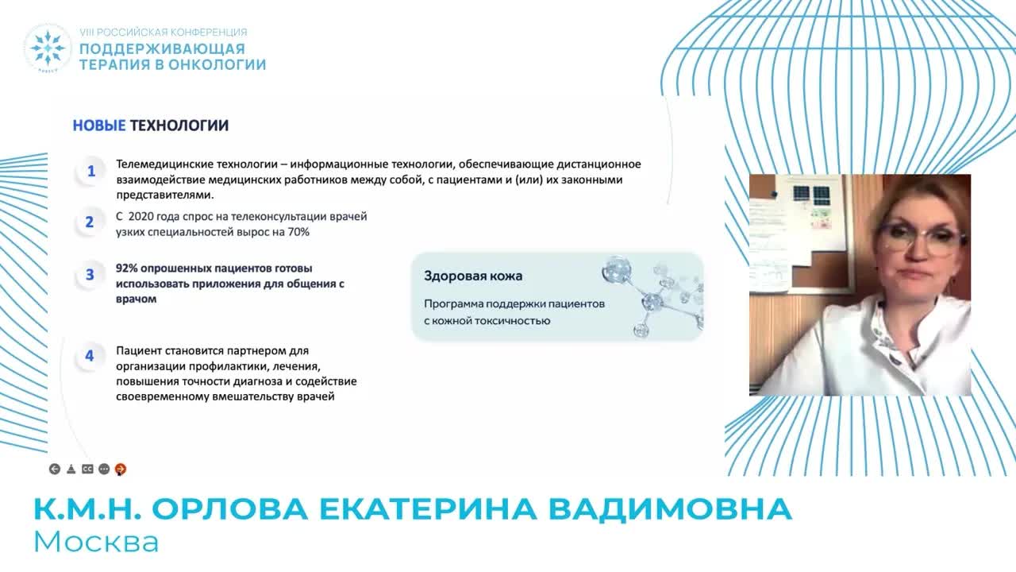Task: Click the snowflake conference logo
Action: [x=48, y=48]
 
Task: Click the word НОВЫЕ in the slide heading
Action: [x=99, y=126]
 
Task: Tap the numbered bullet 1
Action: [x=90, y=172]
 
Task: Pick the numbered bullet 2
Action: [x=90, y=222]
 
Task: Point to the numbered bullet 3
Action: [x=90, y=275]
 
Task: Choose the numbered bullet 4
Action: [x=90, y=356]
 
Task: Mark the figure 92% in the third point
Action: [x=128, y=269]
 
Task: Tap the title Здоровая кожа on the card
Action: [x=473, y=276]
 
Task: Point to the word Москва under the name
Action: [x=96, y=542]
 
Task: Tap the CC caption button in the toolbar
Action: [x=87, y=470]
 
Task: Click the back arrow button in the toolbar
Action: [x=54, y=470]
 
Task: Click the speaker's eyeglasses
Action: [x=921, y=237]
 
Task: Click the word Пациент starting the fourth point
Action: [x=140, y=350]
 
